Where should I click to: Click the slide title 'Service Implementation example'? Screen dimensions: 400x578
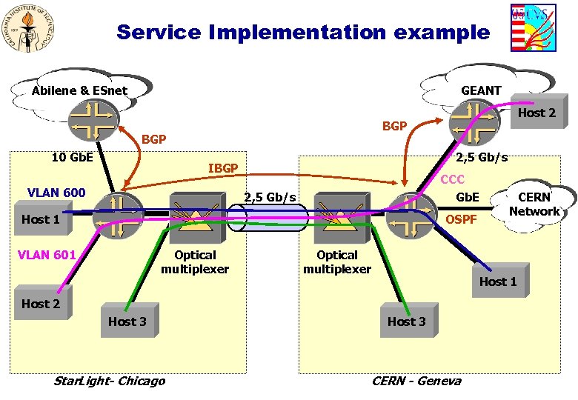(303, 33)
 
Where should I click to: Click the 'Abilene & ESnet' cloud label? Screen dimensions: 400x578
(79, 91)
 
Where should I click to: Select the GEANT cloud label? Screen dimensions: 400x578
(481, 90)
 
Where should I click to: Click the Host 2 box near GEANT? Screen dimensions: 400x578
(536, 113)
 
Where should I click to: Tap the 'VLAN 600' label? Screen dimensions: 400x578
(56, 193)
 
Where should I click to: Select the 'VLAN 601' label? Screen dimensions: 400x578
(47, 255)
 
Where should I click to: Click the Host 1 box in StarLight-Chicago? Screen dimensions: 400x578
(41, 219)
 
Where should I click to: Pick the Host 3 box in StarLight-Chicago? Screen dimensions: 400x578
(127, 321)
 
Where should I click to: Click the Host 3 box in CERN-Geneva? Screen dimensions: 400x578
(406, 321)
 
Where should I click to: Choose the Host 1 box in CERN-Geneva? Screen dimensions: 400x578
(498, 282)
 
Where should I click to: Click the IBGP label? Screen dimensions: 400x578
(222, 169)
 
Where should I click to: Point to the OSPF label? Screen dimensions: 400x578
(460, 220)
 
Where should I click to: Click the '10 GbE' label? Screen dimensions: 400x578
(73, 157)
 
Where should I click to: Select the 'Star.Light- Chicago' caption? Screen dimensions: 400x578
(110, 381)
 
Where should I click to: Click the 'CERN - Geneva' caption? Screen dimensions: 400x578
(416, 381)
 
